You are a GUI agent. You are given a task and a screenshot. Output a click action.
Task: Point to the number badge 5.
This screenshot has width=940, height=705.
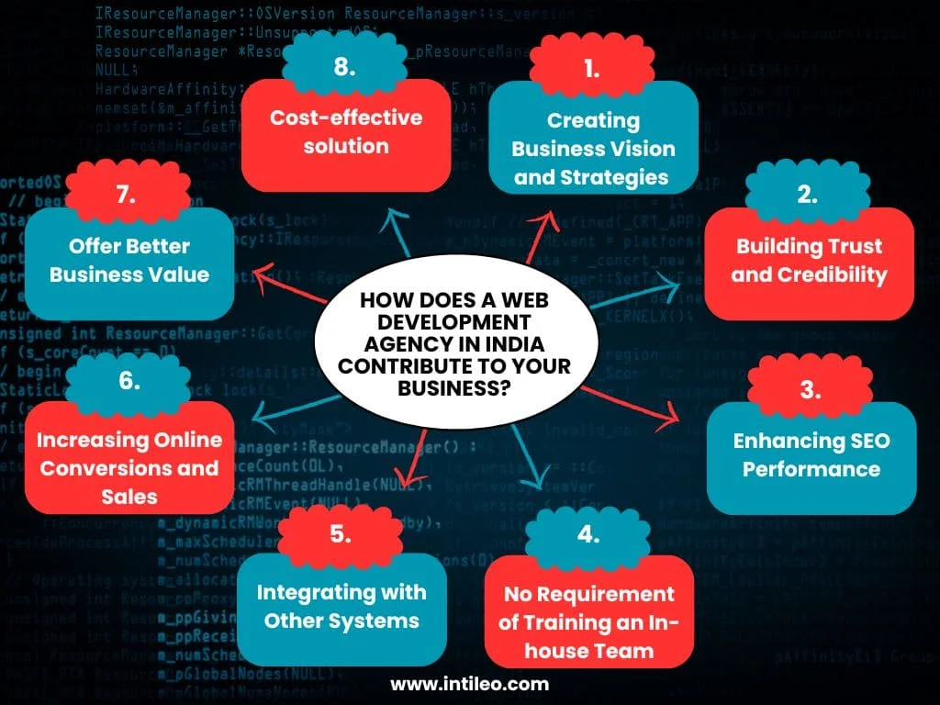point(341,534)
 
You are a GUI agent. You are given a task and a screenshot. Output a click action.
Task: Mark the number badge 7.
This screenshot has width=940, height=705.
point(129,195)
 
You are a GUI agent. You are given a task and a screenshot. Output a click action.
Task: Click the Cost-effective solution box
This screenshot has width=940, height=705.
point(346,133)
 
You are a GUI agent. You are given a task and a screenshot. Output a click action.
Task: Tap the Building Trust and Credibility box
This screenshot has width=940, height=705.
point(808,261)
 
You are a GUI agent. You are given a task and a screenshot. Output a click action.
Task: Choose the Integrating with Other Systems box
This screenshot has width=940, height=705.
point(341,608)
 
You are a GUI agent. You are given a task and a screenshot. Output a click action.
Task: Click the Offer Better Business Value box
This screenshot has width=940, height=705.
point(129,261)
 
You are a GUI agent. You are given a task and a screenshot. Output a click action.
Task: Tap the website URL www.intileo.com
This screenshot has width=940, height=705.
point(469,684)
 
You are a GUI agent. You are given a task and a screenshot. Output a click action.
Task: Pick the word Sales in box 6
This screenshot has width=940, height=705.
point(129,497)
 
